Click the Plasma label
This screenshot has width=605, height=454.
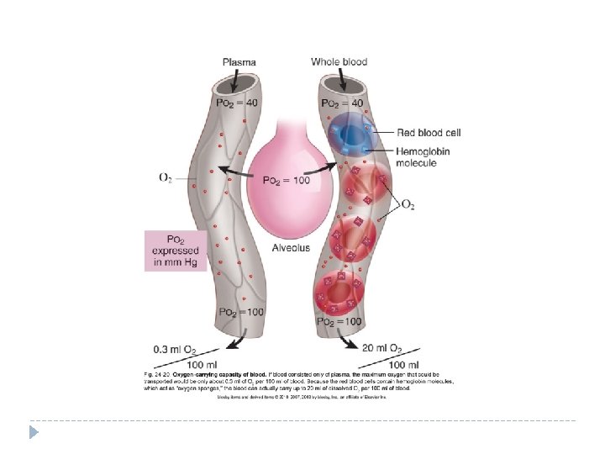(239, 61)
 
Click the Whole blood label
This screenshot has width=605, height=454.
(339, 61)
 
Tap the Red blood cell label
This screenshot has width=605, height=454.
(429, 133)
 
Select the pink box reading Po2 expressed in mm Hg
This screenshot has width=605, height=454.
(176, 251)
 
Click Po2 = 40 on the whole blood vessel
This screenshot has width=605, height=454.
(340, 103)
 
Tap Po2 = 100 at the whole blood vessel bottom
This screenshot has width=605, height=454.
(339, 322)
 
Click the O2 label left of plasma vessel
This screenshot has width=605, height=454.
(166, 177)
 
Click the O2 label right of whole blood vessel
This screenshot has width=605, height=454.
(408, 204)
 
